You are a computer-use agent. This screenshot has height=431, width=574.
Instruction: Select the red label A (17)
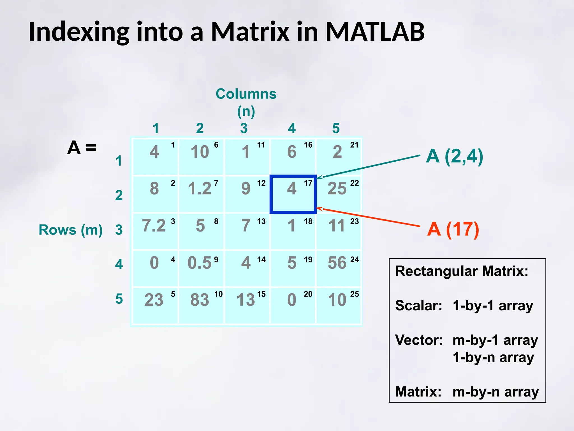453,229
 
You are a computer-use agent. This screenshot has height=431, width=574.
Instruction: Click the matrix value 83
200,300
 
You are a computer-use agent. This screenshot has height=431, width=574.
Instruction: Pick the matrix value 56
337,263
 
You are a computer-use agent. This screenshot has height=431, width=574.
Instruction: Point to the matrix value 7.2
154,226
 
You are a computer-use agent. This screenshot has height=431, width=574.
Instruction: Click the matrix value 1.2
199,188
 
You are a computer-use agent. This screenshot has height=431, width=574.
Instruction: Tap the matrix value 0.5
199,263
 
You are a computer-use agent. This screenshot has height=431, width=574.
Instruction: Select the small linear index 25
355,294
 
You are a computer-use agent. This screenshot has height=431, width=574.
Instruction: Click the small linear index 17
308,183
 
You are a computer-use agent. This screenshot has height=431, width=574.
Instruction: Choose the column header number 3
244,128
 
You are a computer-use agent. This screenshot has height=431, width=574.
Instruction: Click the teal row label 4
119,264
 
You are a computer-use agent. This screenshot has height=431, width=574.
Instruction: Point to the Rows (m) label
71,230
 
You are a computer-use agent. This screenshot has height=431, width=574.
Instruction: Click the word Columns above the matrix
246,94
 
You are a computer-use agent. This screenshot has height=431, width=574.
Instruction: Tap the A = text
82,148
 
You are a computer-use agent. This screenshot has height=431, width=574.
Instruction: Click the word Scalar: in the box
418,306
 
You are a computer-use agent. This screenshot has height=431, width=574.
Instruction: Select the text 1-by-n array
493,357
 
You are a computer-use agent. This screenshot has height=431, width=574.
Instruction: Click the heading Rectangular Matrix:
461,271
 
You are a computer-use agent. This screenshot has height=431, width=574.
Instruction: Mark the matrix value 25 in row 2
337,188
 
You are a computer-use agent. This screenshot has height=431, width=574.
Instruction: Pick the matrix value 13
246,300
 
